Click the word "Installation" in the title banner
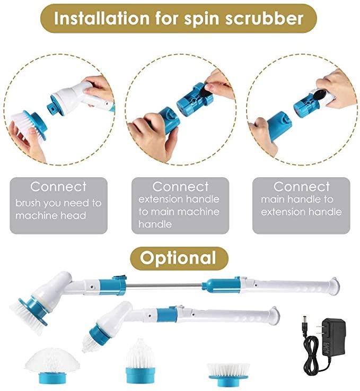point(102,18)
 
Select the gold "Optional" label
point(178,258)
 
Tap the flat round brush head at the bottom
point(228,374)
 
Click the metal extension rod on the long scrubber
point(164,285)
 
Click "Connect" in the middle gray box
point(181,187)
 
